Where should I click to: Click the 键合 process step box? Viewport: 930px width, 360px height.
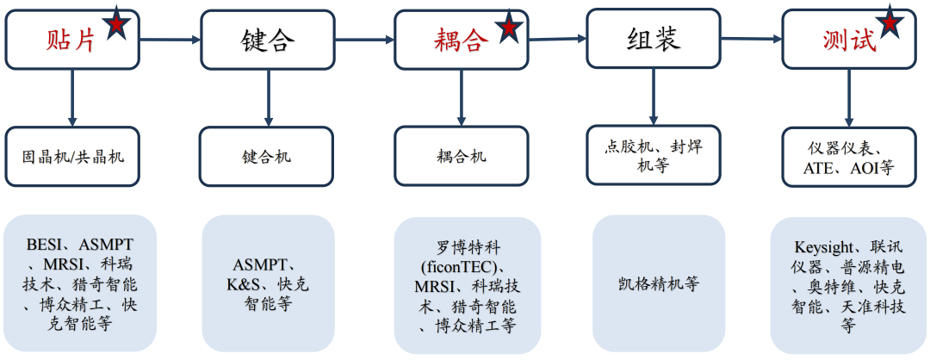[x=266, y=40]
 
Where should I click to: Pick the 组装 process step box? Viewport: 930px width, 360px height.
[x=654, y=39]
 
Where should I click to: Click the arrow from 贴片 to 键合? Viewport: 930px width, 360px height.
[x=170, y=40]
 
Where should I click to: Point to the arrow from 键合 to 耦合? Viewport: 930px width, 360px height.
[x=363, y=40]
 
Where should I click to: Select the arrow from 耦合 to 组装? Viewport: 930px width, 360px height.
[x=557, y=39]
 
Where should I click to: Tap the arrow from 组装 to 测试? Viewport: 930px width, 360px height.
[x=751, y=39]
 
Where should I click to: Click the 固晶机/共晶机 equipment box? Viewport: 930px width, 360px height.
[x=72, y=157]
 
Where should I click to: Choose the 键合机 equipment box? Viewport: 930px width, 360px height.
[x=266, y=157]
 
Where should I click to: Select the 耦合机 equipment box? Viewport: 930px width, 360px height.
[x=461, y=156]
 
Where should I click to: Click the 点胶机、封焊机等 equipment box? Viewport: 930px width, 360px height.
[x=654, y=155]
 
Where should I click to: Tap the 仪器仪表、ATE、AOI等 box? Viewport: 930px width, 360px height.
[x=848, y=157]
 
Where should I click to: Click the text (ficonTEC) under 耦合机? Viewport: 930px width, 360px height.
[x=468, y=265]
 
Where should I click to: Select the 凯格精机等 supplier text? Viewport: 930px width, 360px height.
[x=657, y=284]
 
